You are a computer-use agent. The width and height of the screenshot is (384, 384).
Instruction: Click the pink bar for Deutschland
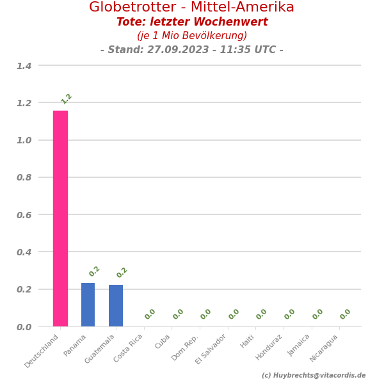point(60,218)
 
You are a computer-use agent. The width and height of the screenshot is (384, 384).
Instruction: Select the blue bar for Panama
point(88,305)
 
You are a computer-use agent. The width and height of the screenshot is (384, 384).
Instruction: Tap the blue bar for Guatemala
point(116,305)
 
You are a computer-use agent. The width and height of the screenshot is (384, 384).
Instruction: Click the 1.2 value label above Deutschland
point(67,99)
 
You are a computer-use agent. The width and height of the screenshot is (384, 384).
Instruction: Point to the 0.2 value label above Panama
point(95,271)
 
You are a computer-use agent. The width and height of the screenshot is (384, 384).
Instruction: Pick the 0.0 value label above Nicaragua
point(346,314)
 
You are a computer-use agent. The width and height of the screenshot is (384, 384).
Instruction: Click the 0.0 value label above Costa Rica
point(150,314)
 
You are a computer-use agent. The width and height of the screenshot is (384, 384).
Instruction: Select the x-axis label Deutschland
point(43,350)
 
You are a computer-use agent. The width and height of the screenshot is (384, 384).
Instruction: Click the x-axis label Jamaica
point(299,345)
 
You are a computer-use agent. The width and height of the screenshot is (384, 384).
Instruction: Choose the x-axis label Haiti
point(248,341)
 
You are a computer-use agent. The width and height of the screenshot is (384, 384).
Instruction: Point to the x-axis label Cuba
point(163,342)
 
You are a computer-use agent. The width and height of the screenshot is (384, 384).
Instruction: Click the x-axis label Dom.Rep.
point(186,347)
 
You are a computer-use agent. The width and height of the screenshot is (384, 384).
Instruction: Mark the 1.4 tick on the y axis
point(24,66)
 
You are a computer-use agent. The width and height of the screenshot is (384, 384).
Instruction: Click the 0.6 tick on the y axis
point(24,215)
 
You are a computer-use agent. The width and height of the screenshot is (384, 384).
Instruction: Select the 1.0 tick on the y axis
point(24,140)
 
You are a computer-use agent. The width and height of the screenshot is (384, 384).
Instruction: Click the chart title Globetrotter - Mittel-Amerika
point(191,8)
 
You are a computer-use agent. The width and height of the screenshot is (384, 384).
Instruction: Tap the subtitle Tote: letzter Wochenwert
point(192,22)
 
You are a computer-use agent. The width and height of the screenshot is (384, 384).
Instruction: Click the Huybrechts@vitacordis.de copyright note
point(314,376)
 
